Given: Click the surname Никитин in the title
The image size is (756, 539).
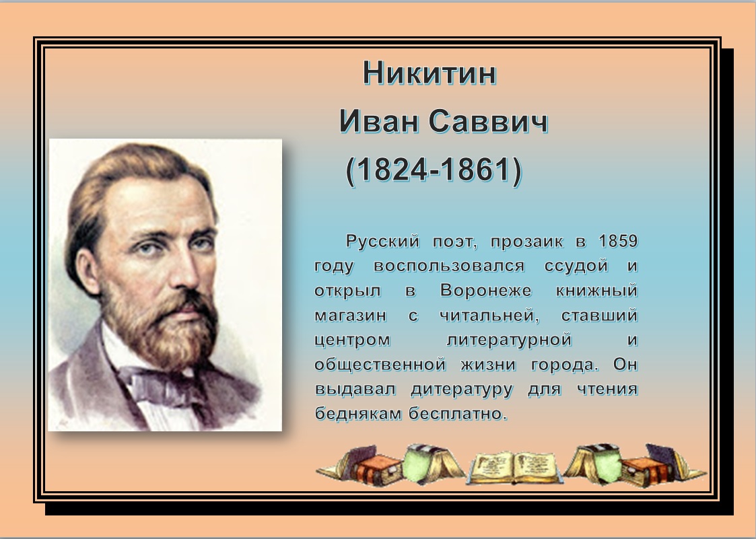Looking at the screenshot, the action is [x=429, y=73].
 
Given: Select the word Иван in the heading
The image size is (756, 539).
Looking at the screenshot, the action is [x=379, y=121].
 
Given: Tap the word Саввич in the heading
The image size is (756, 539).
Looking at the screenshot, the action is [x=489, y=121].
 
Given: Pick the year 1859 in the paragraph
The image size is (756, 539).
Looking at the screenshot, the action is [x=618, y=241].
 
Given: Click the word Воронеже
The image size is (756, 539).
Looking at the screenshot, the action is [x=486, y=290].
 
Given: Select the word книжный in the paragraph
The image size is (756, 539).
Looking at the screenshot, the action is [x=597, y=290].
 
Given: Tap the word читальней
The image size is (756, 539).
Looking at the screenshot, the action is [x=489, y=316].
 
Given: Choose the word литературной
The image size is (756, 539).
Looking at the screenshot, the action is [x=509, y=340].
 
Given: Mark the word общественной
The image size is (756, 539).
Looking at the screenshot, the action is [x=380, y=365].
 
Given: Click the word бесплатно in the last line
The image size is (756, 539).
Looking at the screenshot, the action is [x=458, y=414].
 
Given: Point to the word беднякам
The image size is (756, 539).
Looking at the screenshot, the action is [x=359, y=414].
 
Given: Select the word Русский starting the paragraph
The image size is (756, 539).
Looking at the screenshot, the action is [x=383, y=241].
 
